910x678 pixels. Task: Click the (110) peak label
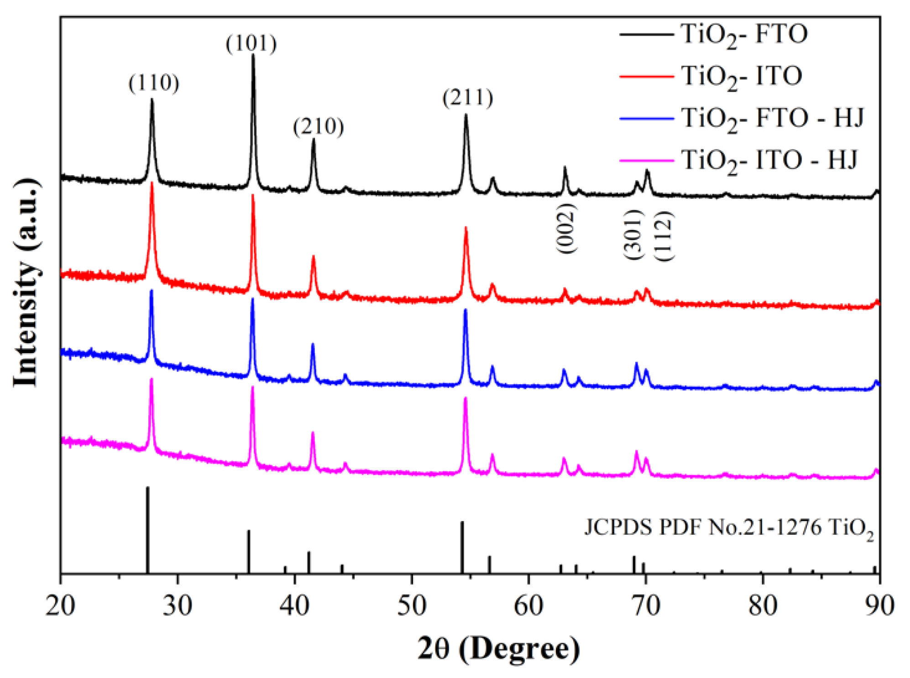(x=154, y=83)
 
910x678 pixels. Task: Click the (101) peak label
(x=251, y=44)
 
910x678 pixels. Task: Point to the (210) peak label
(x=318, y=126)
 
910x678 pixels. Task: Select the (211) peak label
(x=468, y=98)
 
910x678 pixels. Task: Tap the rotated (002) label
(x=566, y=228)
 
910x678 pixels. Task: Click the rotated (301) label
(x=633, y=235)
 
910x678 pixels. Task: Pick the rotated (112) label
(x=663, y=235)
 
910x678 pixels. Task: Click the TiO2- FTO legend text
(x=744, y=35)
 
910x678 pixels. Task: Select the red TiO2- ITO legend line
(x=646, y=76)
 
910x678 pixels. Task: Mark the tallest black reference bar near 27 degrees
(x=147, y=529)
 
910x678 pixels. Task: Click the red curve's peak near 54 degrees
(x=466, y=228)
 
